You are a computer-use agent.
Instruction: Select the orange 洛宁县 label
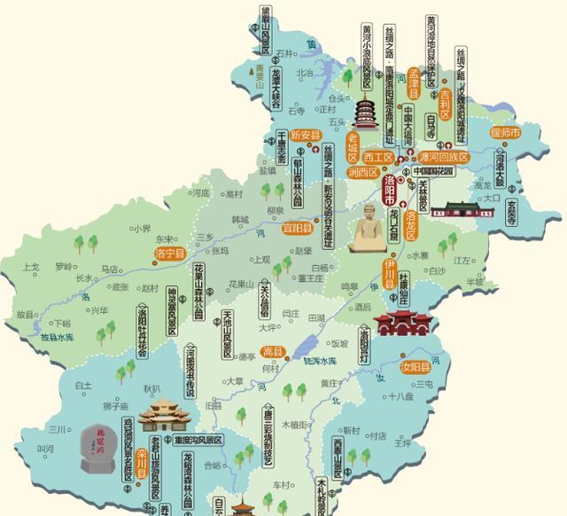pyautogui.click(x=168, y=254)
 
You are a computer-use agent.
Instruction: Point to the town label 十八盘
pyautogui.click(x=401, y=396)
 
